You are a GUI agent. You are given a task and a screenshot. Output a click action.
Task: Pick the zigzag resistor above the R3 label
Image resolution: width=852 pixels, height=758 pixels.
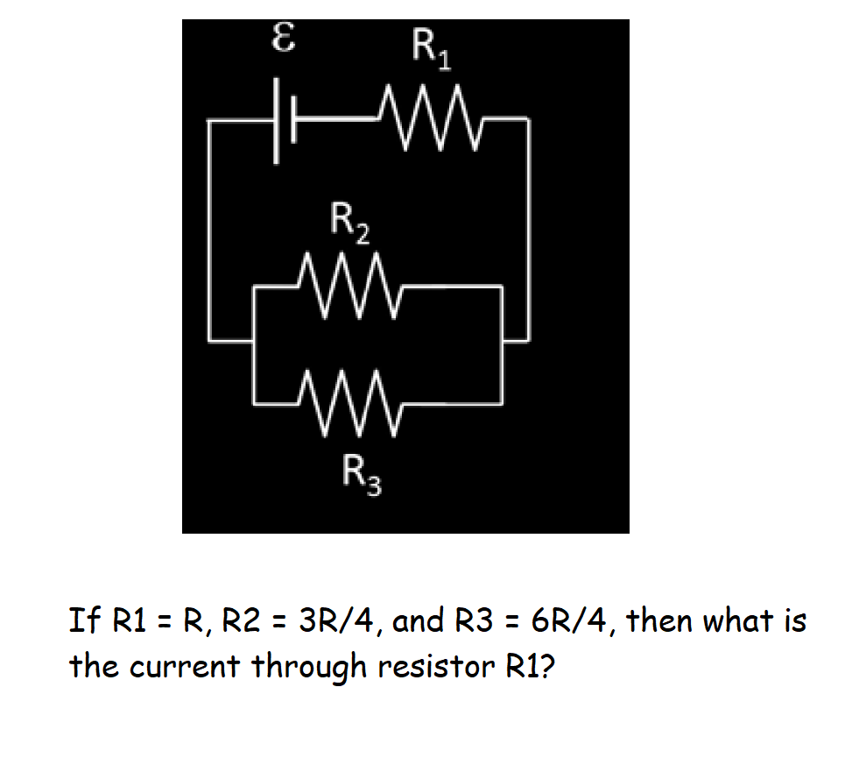pyautogui.click(x=349, y=403)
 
